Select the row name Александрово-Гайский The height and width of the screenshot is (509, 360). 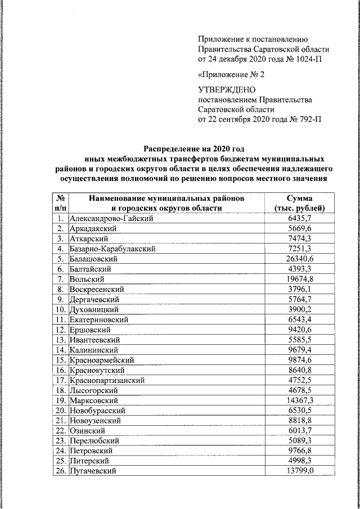point(111,218)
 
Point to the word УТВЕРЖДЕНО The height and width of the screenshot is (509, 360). point(227,89)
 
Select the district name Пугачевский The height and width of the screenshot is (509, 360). point(93,471)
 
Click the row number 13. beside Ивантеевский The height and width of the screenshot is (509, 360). point(60,340)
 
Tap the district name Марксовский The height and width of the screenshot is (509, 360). point(93,400)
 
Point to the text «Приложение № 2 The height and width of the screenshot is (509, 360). point(231,74)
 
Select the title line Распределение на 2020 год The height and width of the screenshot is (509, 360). point(194,149)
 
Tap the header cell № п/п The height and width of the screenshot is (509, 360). point(60,203)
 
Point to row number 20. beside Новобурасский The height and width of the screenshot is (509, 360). point(60,411)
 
